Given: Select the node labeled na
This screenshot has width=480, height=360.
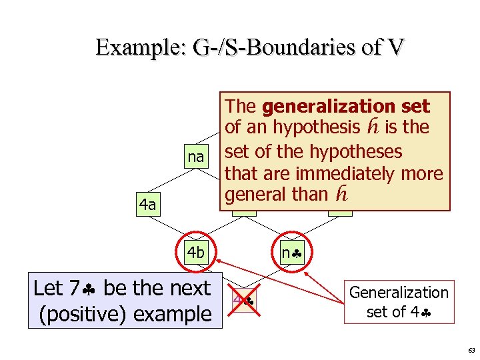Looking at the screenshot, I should (195, 157).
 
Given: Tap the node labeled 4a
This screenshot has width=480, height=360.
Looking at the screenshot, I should (147, 205).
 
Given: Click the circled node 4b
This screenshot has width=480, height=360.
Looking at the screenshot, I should (196, 253).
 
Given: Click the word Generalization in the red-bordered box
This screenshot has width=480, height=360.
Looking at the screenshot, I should (399, 292).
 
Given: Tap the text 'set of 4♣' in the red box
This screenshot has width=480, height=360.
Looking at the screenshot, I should (399, 311).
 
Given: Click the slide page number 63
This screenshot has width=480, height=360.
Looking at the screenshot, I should (471, 350).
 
